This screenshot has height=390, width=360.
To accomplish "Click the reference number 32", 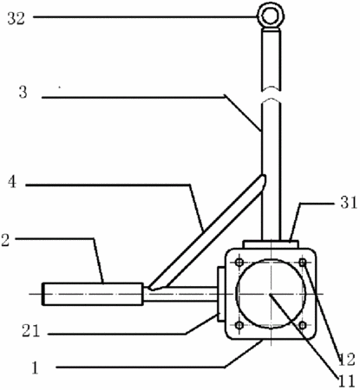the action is point(16,18).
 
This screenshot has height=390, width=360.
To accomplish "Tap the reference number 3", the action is point(23,93).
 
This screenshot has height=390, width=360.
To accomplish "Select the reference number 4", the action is point(12,182).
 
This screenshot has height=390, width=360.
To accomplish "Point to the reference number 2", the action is point(5,240).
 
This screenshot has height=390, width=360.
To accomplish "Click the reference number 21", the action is point(30,331).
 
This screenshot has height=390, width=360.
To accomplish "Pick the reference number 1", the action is point(35,368).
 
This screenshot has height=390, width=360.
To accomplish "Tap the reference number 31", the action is point(349,203).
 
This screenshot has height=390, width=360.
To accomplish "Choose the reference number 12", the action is point(346,360).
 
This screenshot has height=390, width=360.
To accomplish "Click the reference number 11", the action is point(346,381).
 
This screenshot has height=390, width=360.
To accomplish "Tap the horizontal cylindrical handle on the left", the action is point(93,294).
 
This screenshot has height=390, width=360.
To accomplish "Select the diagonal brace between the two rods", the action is point(206,232).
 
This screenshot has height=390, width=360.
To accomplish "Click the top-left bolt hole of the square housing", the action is point(239,263).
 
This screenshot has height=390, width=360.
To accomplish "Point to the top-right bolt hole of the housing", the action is point(303,263).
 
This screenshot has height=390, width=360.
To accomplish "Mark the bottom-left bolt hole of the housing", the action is point(239,326).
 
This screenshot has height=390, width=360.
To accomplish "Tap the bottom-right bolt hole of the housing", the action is point(302,326).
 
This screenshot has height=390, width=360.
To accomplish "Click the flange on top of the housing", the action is point(271,244).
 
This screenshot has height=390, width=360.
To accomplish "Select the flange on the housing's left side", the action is point(220,294).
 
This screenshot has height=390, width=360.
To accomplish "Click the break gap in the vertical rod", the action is point(271,93).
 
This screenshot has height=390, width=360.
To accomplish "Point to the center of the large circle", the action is point(271,294).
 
